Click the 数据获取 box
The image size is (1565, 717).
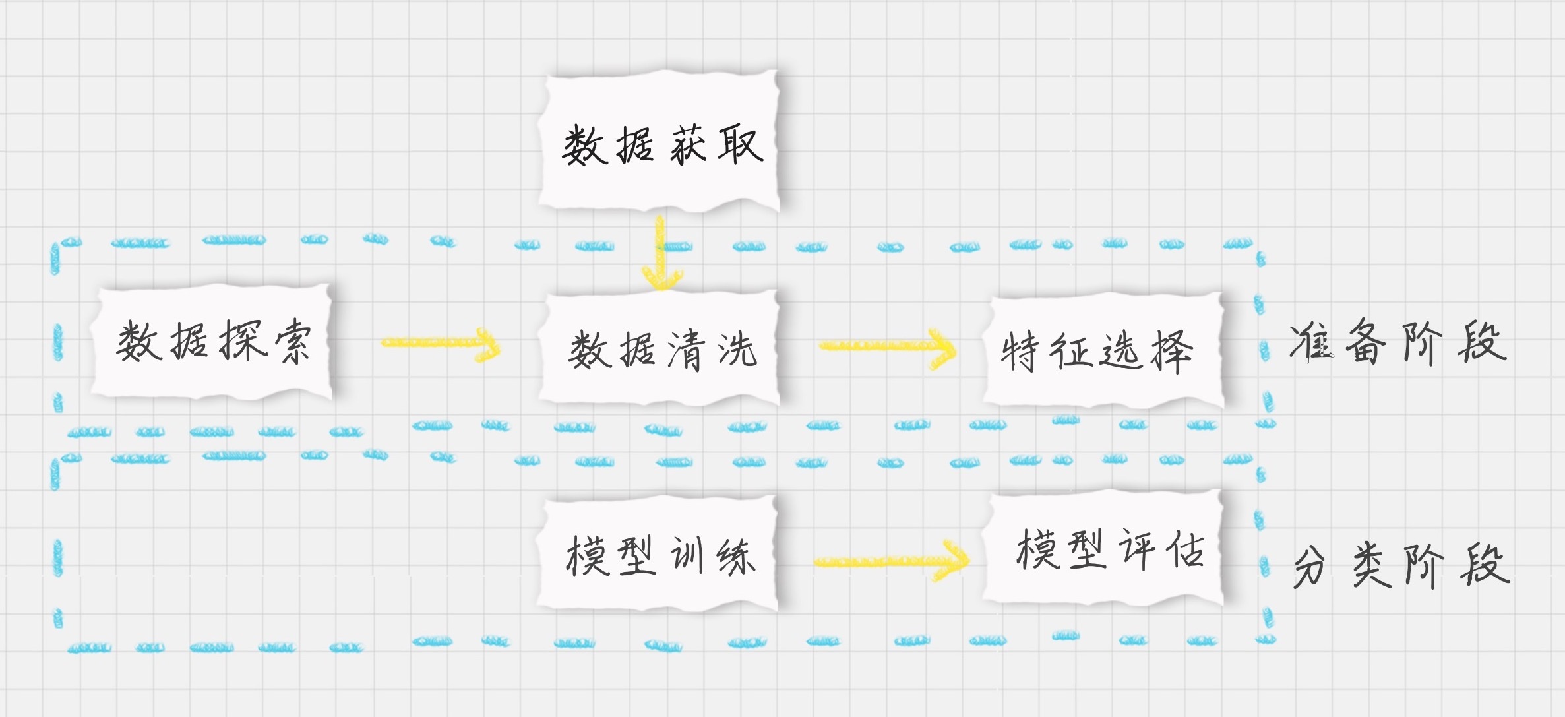point(660,142)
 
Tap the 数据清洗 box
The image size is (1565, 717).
point(660,348)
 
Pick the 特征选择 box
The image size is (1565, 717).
point(1103,350)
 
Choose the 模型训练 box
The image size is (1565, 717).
point(658,554)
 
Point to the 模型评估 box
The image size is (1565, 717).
point(1103,547)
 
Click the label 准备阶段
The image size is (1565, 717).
point(1398,342)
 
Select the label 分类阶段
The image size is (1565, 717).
point(1401,565)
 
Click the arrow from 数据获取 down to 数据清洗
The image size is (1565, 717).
point(660,253)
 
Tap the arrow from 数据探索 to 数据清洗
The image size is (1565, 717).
point(441,344)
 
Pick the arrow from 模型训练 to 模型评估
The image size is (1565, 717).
point(892,561)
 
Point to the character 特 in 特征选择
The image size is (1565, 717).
point(1020,351)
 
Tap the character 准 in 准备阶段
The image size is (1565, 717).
point(1312,341)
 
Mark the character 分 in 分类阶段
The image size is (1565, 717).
point(1310,567)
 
